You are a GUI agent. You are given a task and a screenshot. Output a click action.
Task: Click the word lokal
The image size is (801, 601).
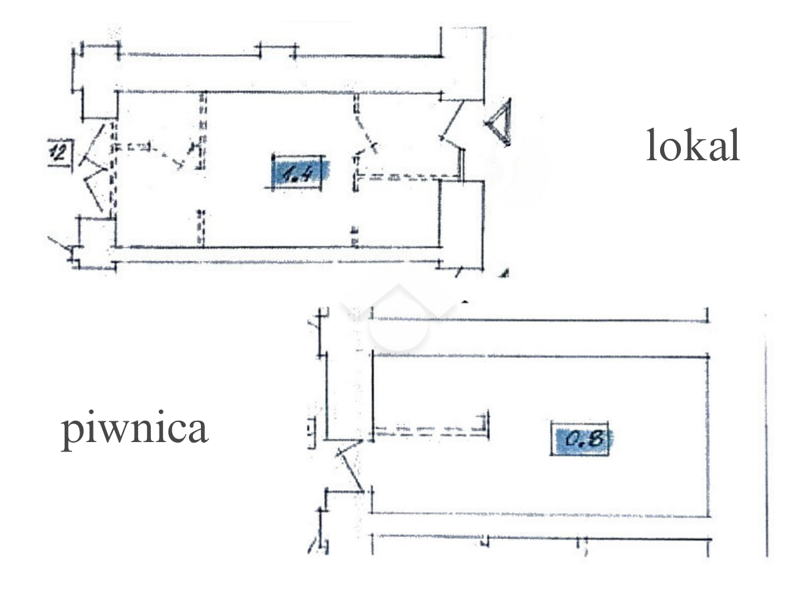click(692, 146)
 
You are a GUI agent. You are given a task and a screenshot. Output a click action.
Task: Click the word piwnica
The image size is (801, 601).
click(135, 429)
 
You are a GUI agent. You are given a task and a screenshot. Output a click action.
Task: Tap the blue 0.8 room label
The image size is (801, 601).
click(580, 439)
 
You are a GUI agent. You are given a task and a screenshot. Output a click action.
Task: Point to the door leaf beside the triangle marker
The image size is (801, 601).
click(454, 120)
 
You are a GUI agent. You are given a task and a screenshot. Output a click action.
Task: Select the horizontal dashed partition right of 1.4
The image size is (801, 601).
click(407, 178)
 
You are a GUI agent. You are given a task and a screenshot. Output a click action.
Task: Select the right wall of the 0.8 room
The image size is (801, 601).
click(708, 434)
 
